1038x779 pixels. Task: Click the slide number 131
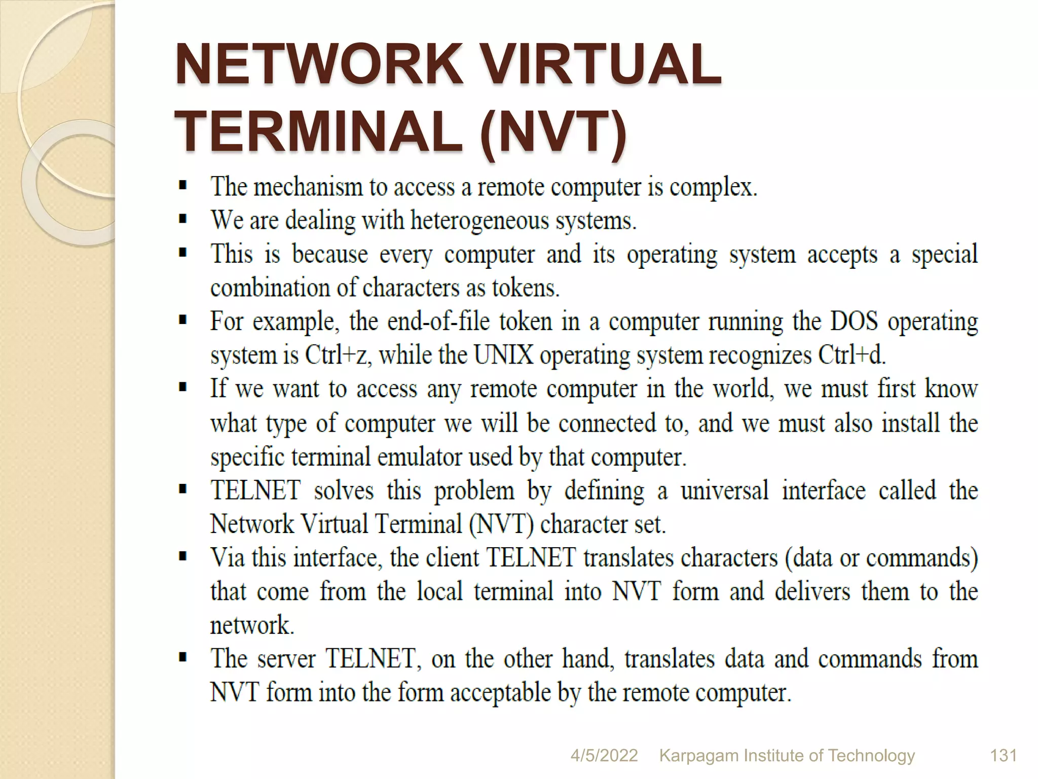[1003, 756]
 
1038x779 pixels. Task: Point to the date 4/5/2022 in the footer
[604, 756]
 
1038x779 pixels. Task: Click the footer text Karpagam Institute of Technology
[787, 756]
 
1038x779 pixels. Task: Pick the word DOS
[854, 322]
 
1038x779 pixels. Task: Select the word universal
[724, 490]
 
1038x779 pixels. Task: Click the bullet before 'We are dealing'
[183, 220]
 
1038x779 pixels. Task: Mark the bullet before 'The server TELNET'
[183, 658]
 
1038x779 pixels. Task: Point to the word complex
[713, 188]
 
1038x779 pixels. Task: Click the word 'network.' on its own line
[252, 625]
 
